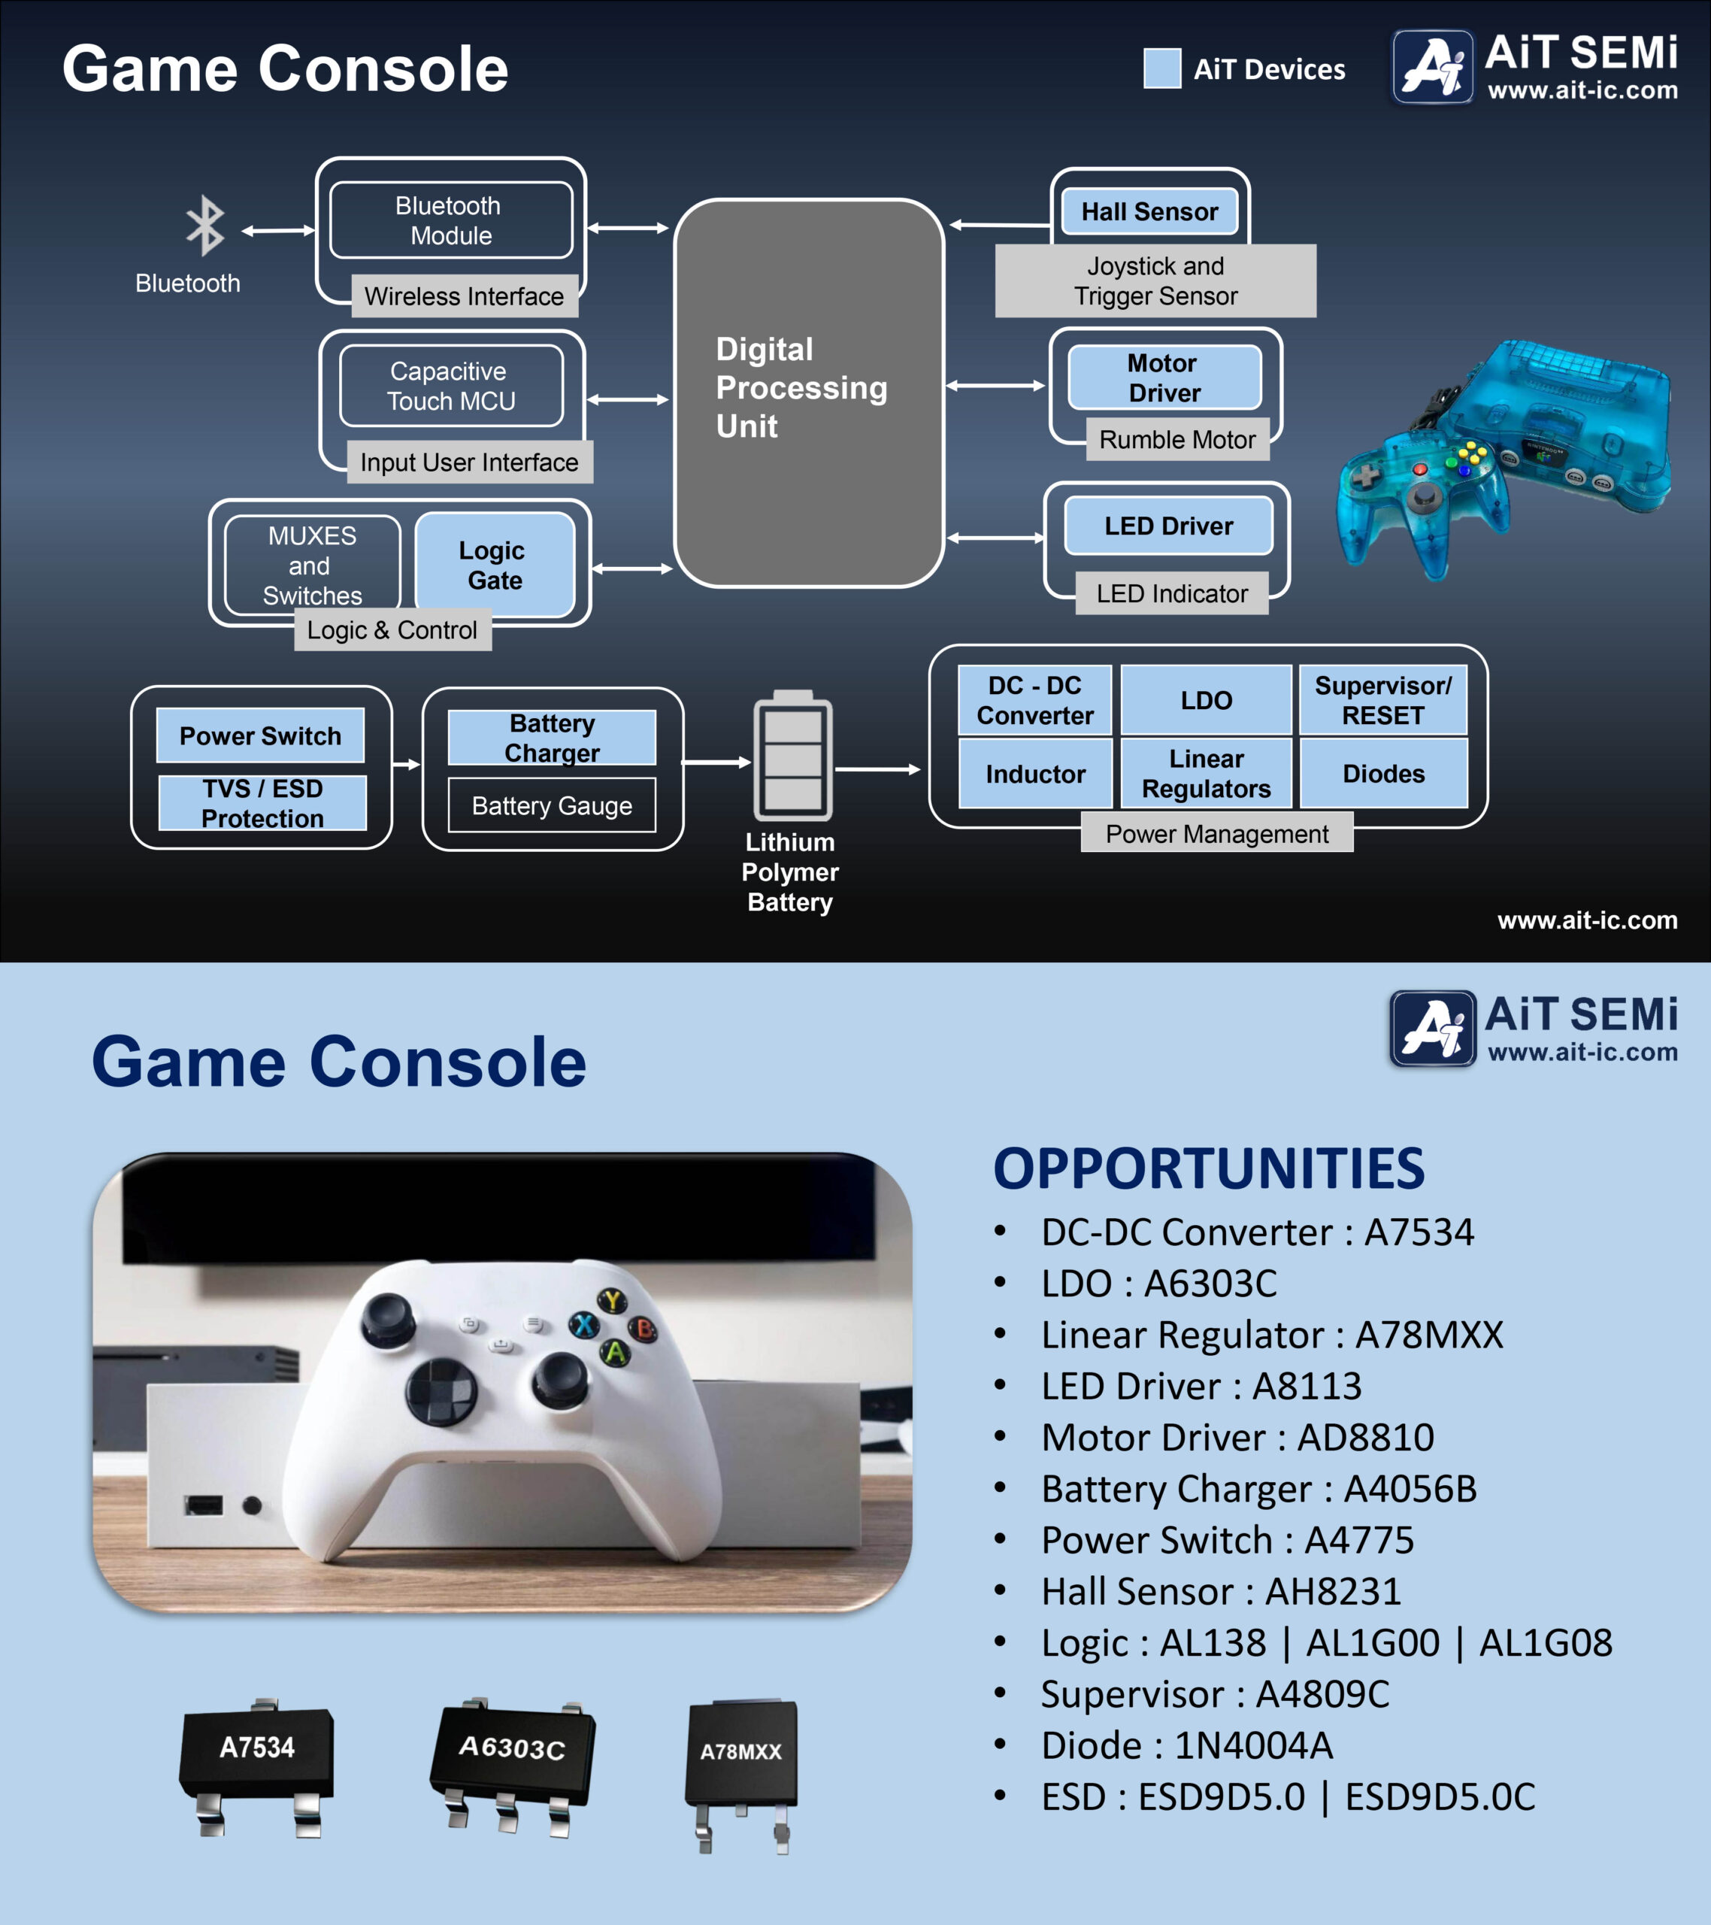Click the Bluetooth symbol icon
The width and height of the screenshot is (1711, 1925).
(204, 226)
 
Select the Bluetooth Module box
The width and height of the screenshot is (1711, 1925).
(450, 220)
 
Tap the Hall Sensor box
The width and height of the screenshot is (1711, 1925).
(1149, 212)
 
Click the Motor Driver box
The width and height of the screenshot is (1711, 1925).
(1164, 377)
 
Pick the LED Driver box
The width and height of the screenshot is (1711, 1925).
(1167, 526)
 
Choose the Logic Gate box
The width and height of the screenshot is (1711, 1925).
(495, 565)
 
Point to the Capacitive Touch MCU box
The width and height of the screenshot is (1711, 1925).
(451, 387)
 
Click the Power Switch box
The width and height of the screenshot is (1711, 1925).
(260, 735)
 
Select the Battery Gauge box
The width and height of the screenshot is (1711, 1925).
(552, 806)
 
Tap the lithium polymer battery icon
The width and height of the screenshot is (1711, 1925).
(793, 756)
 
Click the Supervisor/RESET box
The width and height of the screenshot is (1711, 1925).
(1382, 701)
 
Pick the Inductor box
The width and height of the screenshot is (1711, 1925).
(1035, 775)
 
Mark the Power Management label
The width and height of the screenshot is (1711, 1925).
(1216, 835)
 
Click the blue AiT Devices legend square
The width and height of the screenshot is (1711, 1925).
(1162, 68)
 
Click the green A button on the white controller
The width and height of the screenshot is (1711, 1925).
(615, 1354)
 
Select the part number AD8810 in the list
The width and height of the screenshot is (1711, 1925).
(1364, 1438)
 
